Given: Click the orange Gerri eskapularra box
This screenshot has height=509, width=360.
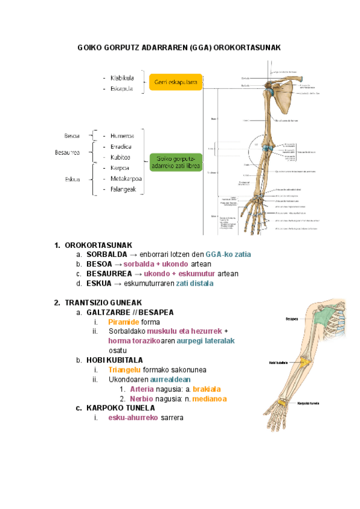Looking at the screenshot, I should coord(176,82).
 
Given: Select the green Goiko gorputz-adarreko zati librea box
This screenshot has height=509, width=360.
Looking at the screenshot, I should coord(176,162).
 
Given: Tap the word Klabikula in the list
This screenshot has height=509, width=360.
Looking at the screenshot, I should coord(122,78).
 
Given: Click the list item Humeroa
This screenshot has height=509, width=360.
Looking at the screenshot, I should coord(122,136).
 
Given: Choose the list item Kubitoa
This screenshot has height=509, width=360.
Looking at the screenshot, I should coord(121,157).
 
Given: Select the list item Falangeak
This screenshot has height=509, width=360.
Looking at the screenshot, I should coord(124,190).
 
